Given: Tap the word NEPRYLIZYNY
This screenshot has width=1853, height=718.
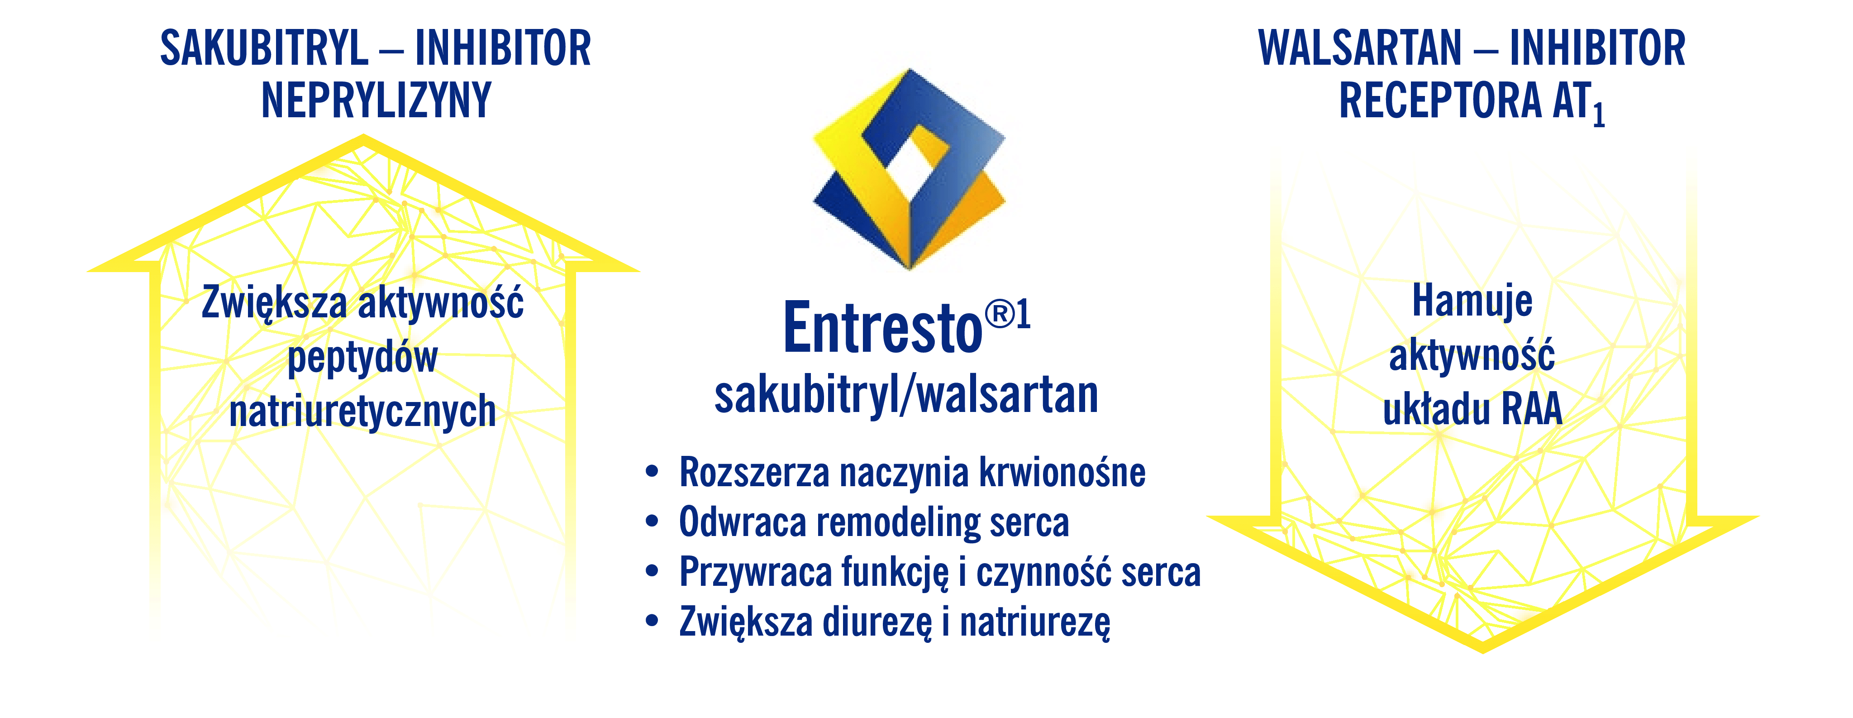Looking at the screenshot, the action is (x=376, y=100).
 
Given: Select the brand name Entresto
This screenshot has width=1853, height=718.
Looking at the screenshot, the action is (x=883, y=328).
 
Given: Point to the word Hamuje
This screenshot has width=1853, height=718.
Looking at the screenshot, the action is (x=1472, y=301).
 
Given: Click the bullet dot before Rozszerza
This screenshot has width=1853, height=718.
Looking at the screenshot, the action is (x=652, y=472).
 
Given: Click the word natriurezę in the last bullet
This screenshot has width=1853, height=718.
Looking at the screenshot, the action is (x=1035, y=623).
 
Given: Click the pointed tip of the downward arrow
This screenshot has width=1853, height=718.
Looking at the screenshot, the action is (x=1482, y=651).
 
